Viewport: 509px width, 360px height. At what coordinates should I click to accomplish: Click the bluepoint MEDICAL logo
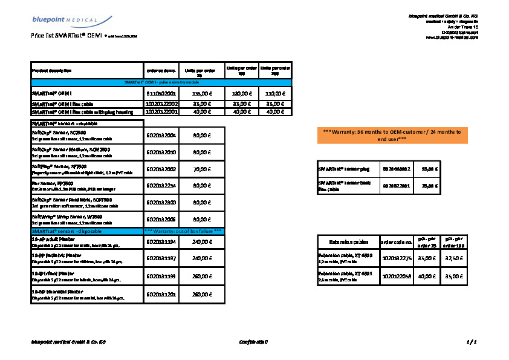pos(64,20)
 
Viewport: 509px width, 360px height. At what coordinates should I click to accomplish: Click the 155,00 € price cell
pos(200,94)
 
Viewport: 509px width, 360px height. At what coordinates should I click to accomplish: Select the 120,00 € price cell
pos(241,94)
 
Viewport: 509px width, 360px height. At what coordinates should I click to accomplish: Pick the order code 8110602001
pos(161,94)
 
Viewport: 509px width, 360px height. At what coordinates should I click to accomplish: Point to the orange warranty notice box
pos(392,135)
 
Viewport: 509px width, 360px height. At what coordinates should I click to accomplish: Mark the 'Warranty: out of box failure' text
pos(184,231)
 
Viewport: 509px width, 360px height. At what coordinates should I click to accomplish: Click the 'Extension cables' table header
pos(341,243)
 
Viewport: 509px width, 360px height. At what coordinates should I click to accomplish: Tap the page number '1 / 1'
pos(472,342)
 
